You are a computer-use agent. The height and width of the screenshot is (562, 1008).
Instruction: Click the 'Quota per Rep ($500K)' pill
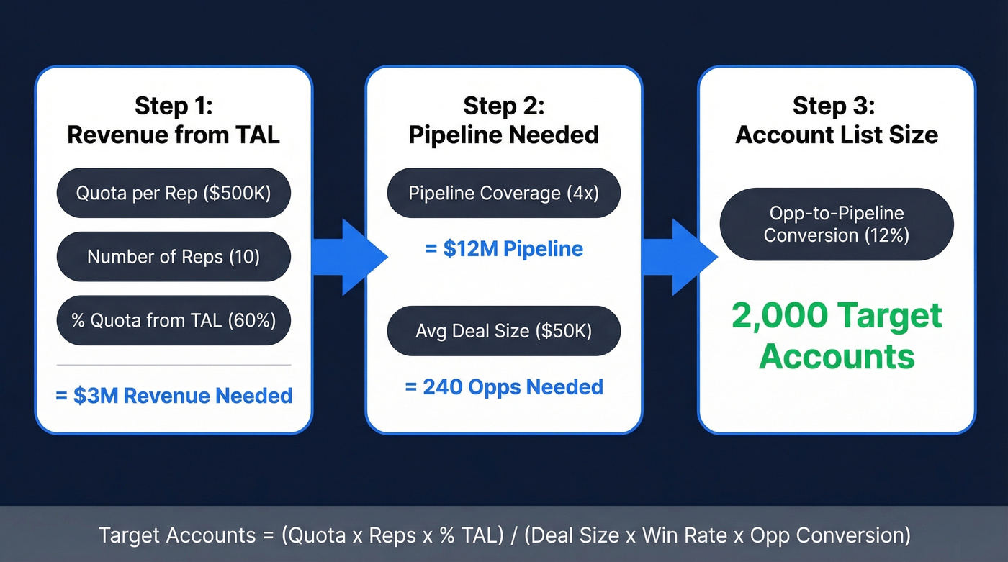tap(174, 193)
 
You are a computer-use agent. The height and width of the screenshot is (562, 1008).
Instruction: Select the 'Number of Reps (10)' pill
tap(174, 256)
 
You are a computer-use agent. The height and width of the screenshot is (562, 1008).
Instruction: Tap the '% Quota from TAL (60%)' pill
tap(174, 320)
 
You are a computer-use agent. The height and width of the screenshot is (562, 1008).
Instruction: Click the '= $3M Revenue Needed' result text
tap(174, 395)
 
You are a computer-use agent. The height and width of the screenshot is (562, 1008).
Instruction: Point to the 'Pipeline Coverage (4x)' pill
tap(503, 193)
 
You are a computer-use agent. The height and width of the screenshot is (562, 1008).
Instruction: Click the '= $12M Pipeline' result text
tap(503, 249)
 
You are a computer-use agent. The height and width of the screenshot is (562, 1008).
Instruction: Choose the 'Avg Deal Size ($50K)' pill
tap(503, 330)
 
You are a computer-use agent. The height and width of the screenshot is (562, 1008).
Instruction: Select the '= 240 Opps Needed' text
tap(503, 386)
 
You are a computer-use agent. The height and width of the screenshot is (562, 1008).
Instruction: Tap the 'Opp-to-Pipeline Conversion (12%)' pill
tap(837, 225)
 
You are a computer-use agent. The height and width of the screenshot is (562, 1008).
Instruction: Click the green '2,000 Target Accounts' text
tap(837, 335)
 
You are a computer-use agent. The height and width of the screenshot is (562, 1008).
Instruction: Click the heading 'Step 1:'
tap(174, 106)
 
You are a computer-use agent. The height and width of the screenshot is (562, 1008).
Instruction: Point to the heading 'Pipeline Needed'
tap(503, 135)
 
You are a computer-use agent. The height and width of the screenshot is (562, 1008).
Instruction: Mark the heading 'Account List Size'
tap(837, 135)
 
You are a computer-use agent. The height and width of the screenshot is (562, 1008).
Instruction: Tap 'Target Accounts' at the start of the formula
tap(176, 535)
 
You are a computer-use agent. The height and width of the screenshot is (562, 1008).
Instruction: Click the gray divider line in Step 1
tap(174, 365)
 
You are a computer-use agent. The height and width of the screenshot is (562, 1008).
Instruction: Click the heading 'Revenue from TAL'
tap(174, 135)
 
